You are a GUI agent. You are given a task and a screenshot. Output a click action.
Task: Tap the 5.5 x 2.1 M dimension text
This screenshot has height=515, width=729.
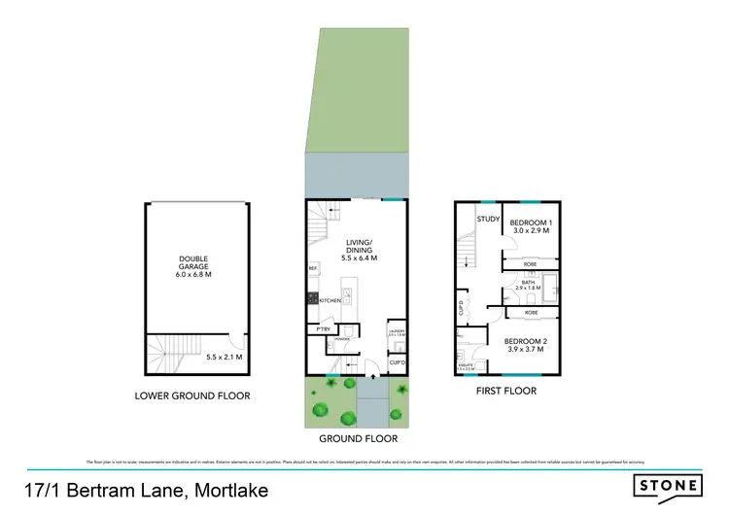tap(223, 358)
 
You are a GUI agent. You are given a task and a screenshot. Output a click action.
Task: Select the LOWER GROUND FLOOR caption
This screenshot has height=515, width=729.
tap(193, 395)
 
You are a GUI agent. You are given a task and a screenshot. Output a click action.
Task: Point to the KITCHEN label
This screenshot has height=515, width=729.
tap(330, 301)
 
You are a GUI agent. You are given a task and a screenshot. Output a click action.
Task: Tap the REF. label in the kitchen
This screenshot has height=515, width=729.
tap(313, 268)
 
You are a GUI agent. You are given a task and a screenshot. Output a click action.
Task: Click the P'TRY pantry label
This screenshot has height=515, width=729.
tap(322, 330)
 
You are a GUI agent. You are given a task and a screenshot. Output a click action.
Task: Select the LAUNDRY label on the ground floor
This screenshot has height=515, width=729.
tap(396, 332)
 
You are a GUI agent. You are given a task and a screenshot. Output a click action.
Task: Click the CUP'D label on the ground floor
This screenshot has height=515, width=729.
tap(397, 362)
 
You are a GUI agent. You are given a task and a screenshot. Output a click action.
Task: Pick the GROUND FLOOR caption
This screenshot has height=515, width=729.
tap(357, 437)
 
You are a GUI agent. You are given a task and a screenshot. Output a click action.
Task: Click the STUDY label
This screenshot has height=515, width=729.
tap(488, 221)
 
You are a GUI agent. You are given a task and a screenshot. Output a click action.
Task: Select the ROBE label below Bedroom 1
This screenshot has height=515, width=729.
tap(531, 263)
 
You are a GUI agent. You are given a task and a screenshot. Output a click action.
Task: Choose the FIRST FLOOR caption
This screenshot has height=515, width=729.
tap(506, 392)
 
